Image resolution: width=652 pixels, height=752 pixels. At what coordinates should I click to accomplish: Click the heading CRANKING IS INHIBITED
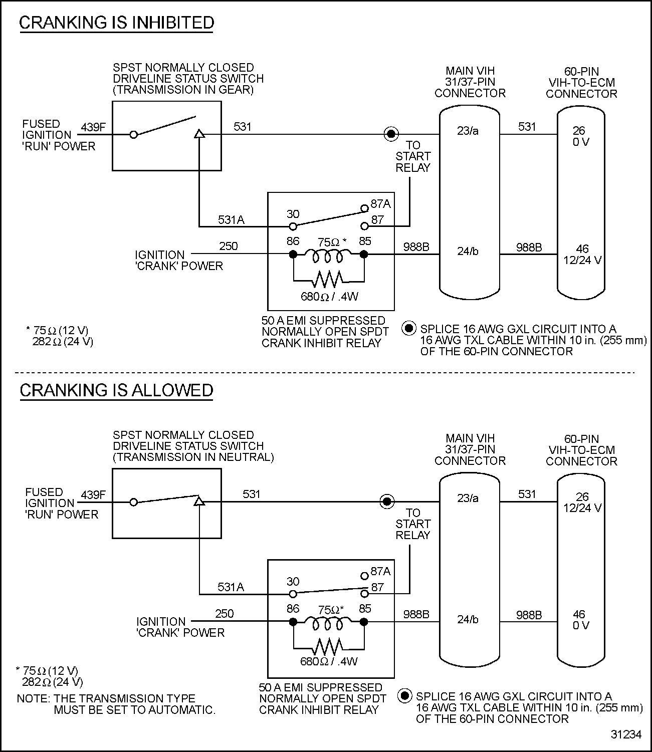(x=116, y=23)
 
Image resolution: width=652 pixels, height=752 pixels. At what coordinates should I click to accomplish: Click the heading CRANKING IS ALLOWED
(x=116, y=390)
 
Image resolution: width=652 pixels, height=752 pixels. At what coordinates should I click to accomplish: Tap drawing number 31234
(x=626, y=734)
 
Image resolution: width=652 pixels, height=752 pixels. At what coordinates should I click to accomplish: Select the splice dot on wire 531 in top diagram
(x=391, y=134)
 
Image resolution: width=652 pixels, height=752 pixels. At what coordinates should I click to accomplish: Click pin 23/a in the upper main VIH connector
(x=468, y=131)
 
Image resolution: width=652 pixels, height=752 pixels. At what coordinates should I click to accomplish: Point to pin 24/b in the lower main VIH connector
(x=468, y=619)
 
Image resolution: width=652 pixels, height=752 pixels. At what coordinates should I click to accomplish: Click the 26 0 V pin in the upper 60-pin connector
(x=580, y=136)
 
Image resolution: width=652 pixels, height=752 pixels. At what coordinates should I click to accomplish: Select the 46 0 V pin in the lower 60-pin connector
(x=580, y=620)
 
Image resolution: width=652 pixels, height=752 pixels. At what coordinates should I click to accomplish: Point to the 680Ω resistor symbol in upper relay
(x=328, y=278)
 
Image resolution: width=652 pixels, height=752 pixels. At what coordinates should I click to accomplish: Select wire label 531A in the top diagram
(x=231, y=220)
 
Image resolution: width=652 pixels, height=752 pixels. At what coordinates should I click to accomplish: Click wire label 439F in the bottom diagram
(x=93, y=495)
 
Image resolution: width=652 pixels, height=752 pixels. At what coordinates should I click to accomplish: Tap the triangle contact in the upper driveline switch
(x=199, y=134)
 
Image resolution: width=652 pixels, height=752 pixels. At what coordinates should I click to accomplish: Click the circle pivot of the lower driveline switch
(x=133, y=502)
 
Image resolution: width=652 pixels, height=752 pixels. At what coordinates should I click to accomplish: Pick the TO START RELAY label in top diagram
(x=413, y=156)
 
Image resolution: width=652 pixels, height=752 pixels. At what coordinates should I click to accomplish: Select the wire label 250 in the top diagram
(x=229, y=246)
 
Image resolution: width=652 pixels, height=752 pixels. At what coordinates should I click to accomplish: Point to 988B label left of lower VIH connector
(x=416, y=614)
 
